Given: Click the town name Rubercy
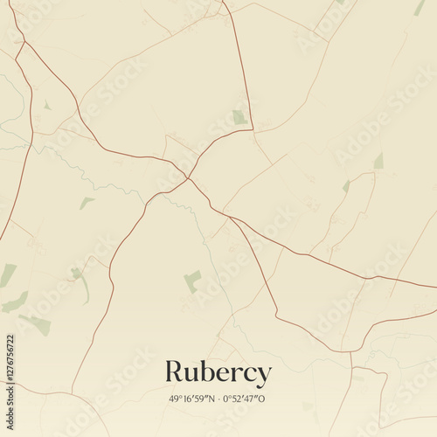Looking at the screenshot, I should tap(218, 373).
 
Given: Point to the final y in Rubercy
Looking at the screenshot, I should tap(262, 376).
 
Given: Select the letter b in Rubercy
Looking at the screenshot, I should tap(209, 371).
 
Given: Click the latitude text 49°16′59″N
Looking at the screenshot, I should tap(191, 399).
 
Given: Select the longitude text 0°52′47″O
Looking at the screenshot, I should tap(244, 399).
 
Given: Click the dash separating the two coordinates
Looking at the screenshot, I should tap(218, 399).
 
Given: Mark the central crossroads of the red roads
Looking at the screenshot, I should tap(187, 178).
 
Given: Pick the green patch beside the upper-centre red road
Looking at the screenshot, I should tap(239, 117).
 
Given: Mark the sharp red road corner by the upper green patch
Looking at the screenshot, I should tap(253, 130).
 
